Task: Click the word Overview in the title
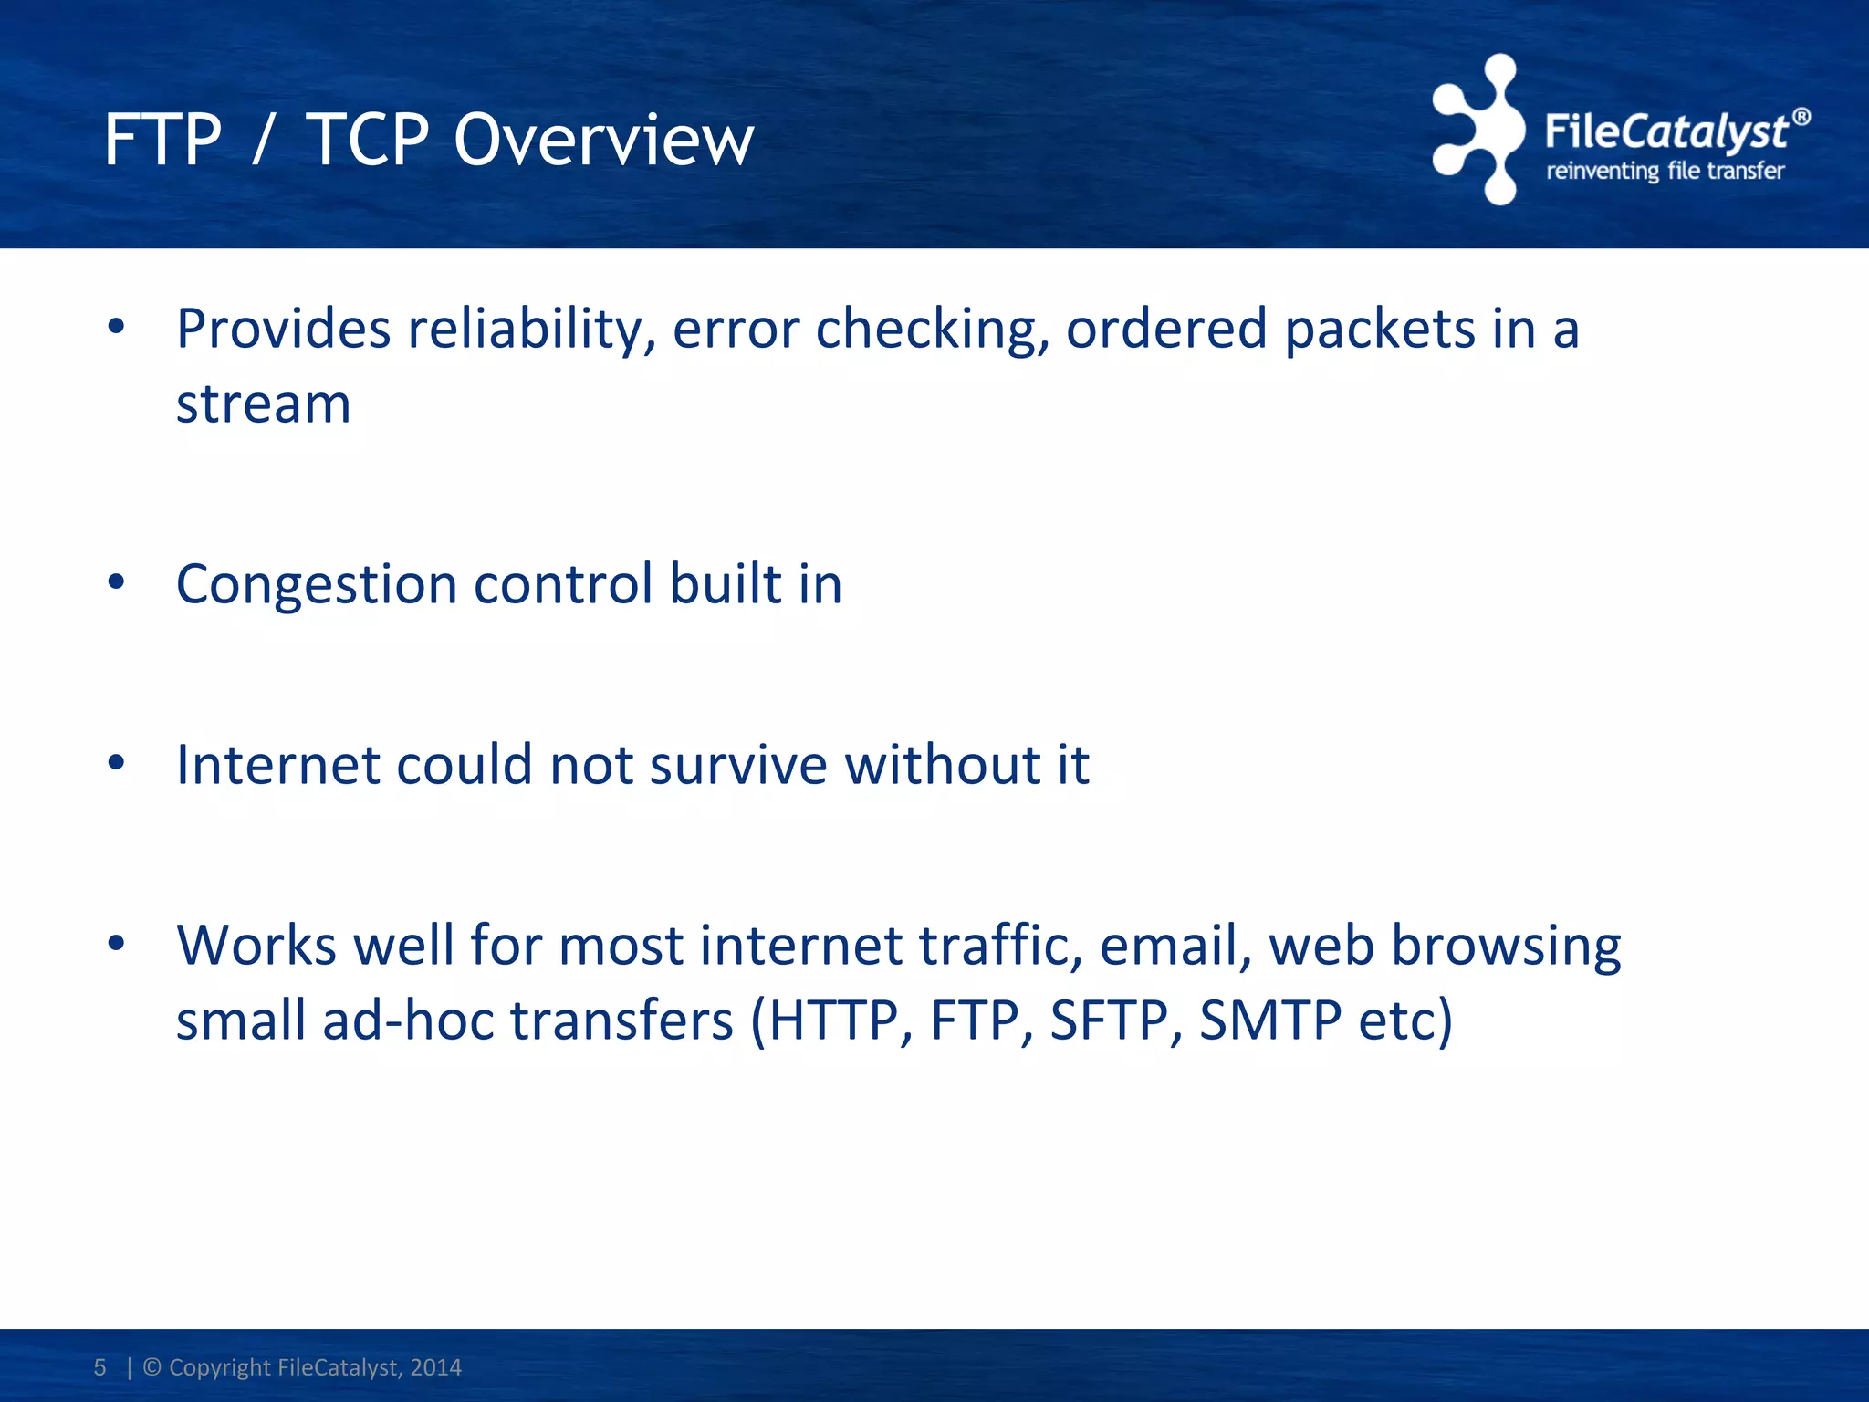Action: [603, 141]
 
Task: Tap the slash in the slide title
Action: [263, 141]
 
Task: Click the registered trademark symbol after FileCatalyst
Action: [1801, 117]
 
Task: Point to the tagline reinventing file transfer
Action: [1665, 172]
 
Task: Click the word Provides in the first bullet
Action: [283, 329]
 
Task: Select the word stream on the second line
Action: [263, 404]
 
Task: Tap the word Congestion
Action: [316, 585]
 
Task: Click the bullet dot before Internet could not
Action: [116, 762]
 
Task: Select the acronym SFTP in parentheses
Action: [1108, 1020]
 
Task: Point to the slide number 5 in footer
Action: [99, 1367]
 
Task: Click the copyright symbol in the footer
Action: [152, 1367]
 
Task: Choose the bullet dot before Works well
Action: [116, 943]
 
